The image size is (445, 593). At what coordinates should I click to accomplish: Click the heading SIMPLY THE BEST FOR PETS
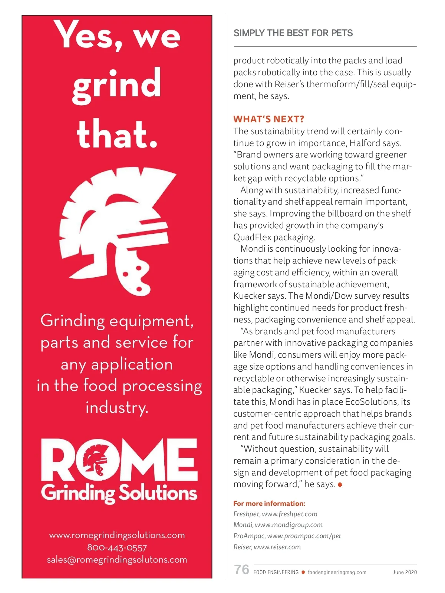[293, 33]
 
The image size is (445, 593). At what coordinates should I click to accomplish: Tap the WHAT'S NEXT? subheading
[269, 119]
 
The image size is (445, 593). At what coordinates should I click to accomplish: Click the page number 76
[242, 569]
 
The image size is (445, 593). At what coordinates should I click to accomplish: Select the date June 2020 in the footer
[405, 572]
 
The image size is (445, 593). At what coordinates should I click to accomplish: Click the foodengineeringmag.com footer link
[337, 572]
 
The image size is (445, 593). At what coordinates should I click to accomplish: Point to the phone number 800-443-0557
[117, 547]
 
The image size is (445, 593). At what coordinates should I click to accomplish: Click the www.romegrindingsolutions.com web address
[117, 535]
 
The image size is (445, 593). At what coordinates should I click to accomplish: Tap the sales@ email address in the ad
[117, 560]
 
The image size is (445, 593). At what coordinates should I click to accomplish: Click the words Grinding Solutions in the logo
[119, 493]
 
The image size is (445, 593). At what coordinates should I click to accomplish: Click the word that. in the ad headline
[117, 134]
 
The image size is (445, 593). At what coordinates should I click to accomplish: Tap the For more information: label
[269, 503]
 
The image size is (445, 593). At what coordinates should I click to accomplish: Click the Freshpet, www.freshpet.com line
[276, 514]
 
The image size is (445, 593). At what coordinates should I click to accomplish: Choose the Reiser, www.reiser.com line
[267, 547]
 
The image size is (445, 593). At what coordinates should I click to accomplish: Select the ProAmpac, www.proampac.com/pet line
[287, 536]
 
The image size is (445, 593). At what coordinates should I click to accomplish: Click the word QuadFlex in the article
[253, 237]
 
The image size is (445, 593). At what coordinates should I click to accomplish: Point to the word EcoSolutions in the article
[372, 402]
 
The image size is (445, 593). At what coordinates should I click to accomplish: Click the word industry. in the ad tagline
[117, 408]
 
